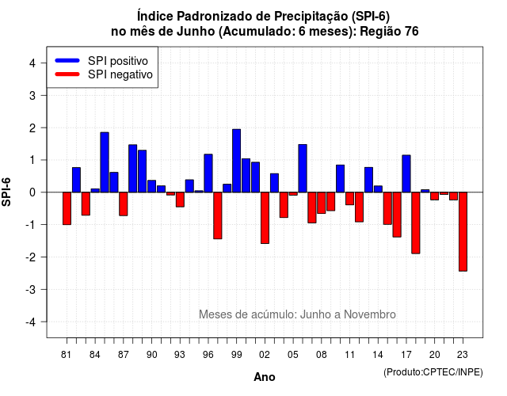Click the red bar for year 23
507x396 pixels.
[x=463, y=231]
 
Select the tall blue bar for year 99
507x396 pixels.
[x=236, y=161]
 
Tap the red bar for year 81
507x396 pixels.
[x=67, y=208]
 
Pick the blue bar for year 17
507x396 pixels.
[x=406, y=173]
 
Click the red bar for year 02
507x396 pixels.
[x=265, y=218]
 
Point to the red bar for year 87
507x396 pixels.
[x=124, y=204]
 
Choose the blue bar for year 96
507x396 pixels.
[x=208, y=173]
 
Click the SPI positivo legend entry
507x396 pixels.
[x=101, y=61]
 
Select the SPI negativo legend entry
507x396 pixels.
[x=104, y=74]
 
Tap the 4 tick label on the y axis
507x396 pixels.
[x=32, y=63]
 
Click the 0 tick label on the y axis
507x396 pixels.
[x=32, y=192]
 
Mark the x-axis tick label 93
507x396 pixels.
[x=180, y=355]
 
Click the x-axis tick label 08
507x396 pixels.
[x=321, y=355]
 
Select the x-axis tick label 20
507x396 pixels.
[x=434, y=355]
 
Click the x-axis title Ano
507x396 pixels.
[x=265, y=377]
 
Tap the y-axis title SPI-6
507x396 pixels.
[x=6, y=192]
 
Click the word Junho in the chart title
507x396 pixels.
[x=196, y=32]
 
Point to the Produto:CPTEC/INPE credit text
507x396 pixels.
[x=433, y=372]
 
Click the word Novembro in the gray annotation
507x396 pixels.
[x=370, y=314]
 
